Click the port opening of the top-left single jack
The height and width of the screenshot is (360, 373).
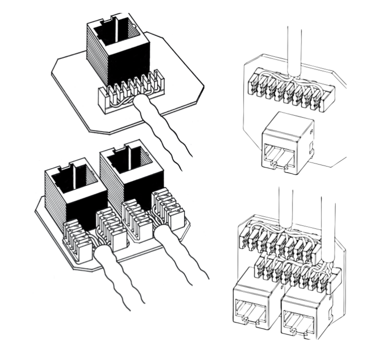click(123, 36)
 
